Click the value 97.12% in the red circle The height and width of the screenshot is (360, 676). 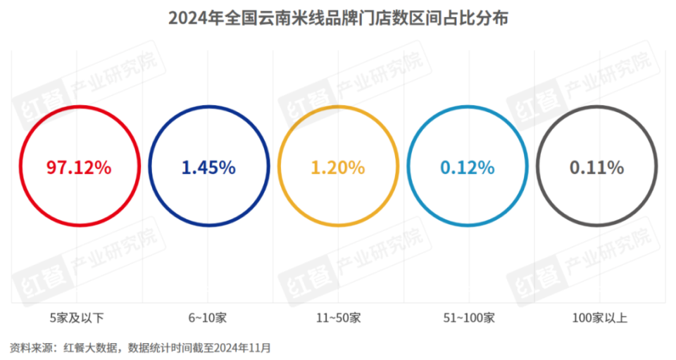coord(79,168)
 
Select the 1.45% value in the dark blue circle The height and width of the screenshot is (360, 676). coord(208,168)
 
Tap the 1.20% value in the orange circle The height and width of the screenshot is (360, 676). coord(338,168)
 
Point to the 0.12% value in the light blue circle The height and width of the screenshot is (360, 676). coord(468,168)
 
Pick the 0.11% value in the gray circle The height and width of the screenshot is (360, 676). coord(597,168)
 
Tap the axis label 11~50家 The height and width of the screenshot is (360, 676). coord(338,318)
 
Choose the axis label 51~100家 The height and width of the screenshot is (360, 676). coord(468,318)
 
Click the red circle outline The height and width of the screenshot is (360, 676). coord(79,108)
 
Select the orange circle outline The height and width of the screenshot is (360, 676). coord(338,108)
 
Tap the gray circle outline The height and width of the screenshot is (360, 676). coord(597,108)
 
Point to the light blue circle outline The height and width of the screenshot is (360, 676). coord(468,108)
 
